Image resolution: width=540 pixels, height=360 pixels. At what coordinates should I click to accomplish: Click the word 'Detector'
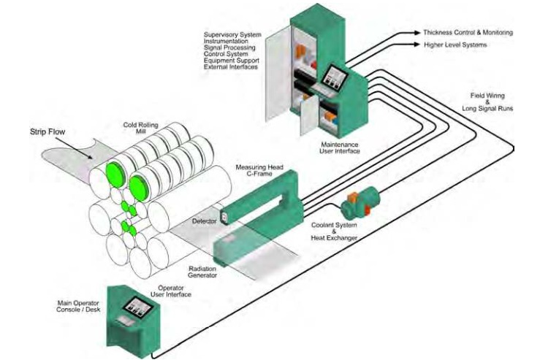204,221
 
